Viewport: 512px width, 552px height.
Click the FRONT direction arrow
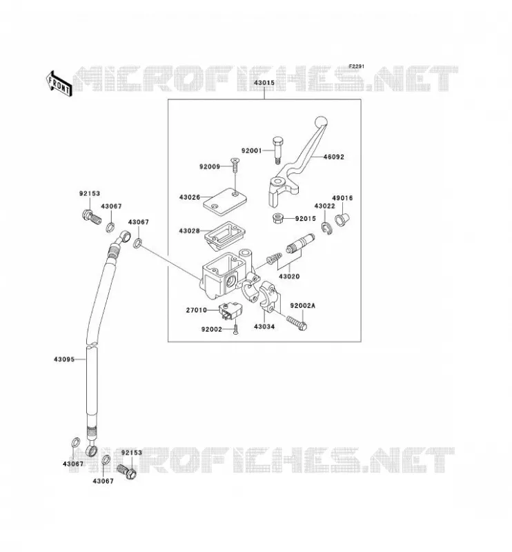tap(59, 83)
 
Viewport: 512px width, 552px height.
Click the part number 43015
tap(264, 83)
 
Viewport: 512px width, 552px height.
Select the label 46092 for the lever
tap(333, 157)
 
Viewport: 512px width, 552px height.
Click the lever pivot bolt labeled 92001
tap(277, 150)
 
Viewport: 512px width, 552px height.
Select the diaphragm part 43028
tap(225, 233)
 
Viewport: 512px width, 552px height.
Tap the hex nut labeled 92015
tap(279, 218)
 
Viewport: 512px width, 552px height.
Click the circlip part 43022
tap(326, 228)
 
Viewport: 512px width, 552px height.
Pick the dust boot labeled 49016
tap(342, 219)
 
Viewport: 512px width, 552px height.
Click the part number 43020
tap(289, 277)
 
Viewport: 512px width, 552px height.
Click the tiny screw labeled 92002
tap(236, 330)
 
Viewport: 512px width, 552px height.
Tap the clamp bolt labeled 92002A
tap(297, 323)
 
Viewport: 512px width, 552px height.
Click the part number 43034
tap(264, 326)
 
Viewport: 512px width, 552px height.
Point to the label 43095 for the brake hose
tap(64, 359)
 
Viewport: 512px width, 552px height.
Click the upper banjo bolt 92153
tap(91, 217)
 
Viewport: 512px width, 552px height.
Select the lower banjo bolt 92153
tap(127, 471)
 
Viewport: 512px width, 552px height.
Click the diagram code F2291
tap(357, 66)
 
